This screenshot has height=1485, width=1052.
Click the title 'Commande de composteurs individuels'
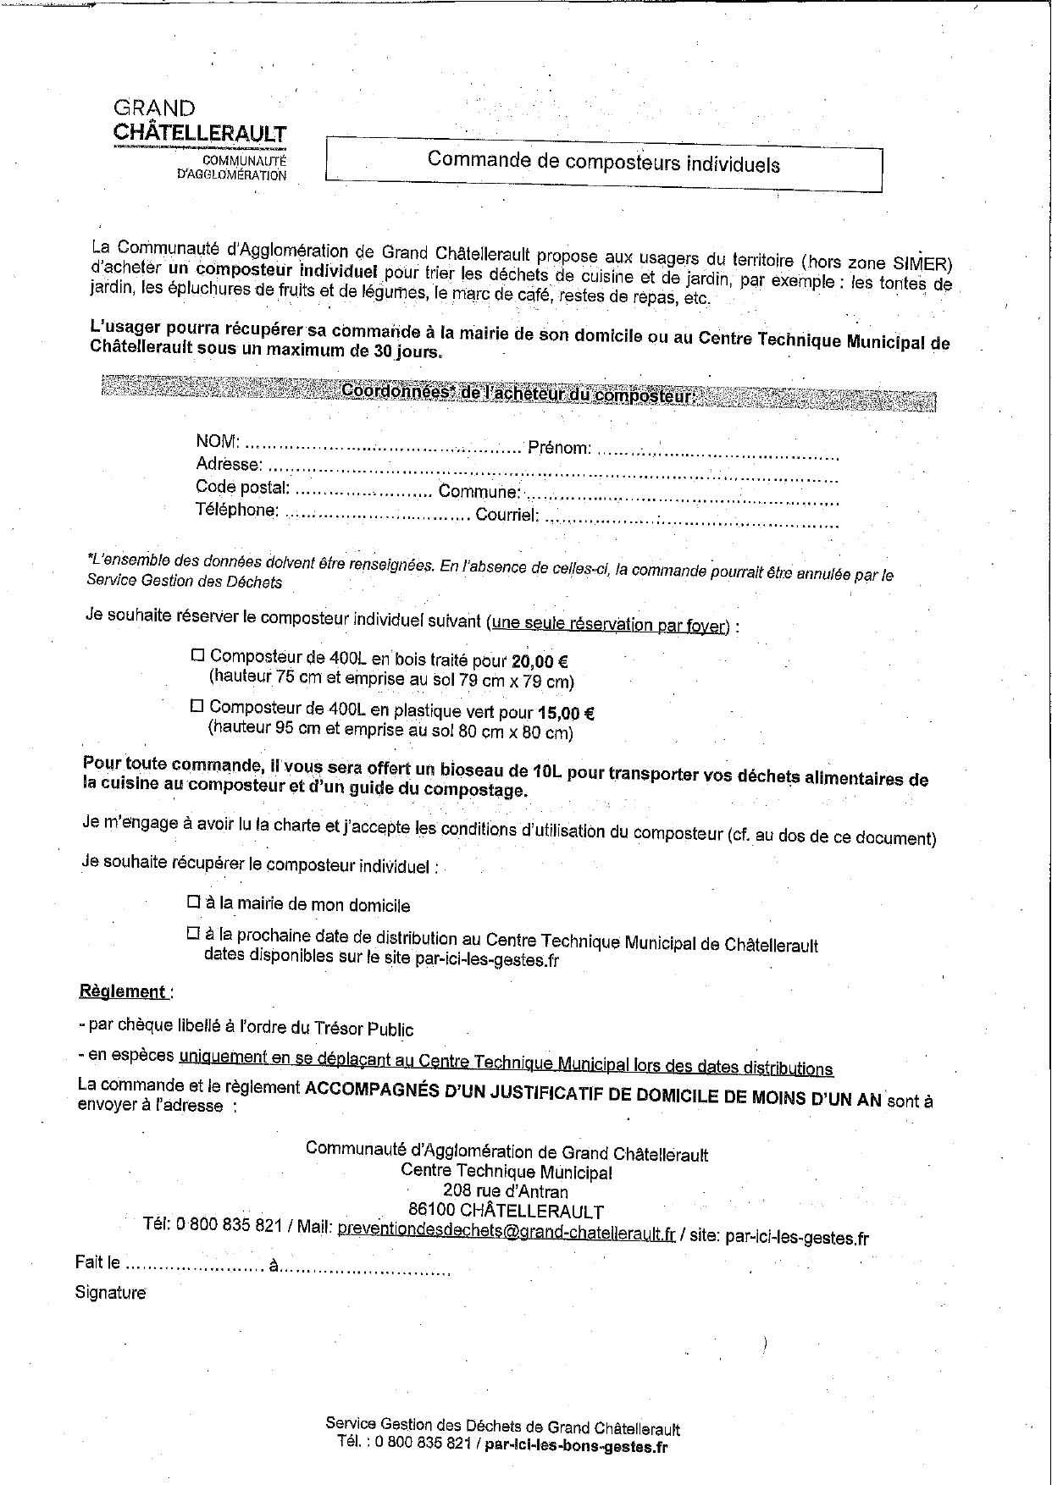603,162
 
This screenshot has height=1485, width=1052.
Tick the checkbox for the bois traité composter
198,655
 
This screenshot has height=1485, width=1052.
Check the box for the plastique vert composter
197,705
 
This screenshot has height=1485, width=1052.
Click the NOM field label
218,441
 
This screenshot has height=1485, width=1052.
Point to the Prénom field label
559,448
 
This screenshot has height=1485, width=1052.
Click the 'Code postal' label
243,487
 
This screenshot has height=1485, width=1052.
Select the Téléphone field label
237,510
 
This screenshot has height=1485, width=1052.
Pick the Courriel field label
507,515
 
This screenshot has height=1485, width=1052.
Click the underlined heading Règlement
123,991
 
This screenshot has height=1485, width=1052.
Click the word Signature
110,1293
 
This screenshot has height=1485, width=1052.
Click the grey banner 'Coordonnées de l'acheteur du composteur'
518,394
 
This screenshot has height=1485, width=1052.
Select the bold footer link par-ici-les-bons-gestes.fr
576,1447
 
